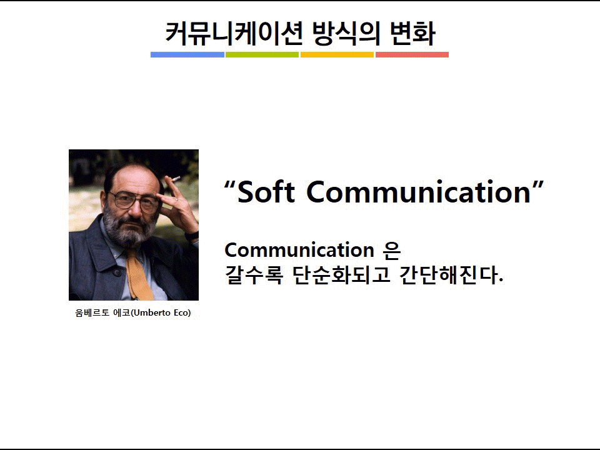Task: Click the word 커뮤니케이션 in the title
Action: (x=234, y=33)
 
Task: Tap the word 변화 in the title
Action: (x=412, y=33)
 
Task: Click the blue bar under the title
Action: (x=187, y=55)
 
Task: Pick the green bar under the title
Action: (x=262, y=55)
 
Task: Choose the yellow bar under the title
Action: (x=337, y=55)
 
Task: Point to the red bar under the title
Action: (x=412, y=55)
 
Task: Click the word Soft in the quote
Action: (x=266, y=191)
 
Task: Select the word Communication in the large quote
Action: (x=419, y=191)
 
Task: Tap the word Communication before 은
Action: (x=299, y=250)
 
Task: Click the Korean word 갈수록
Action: (x=254, y=274)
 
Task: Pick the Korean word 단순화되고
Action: (x=341, y=274)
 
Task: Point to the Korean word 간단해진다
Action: (x=451, y=274)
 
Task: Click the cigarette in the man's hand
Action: (x=174, y=178)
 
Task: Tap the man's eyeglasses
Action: (x=134, y=202)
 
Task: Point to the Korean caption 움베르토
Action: (x=92, y=312)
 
